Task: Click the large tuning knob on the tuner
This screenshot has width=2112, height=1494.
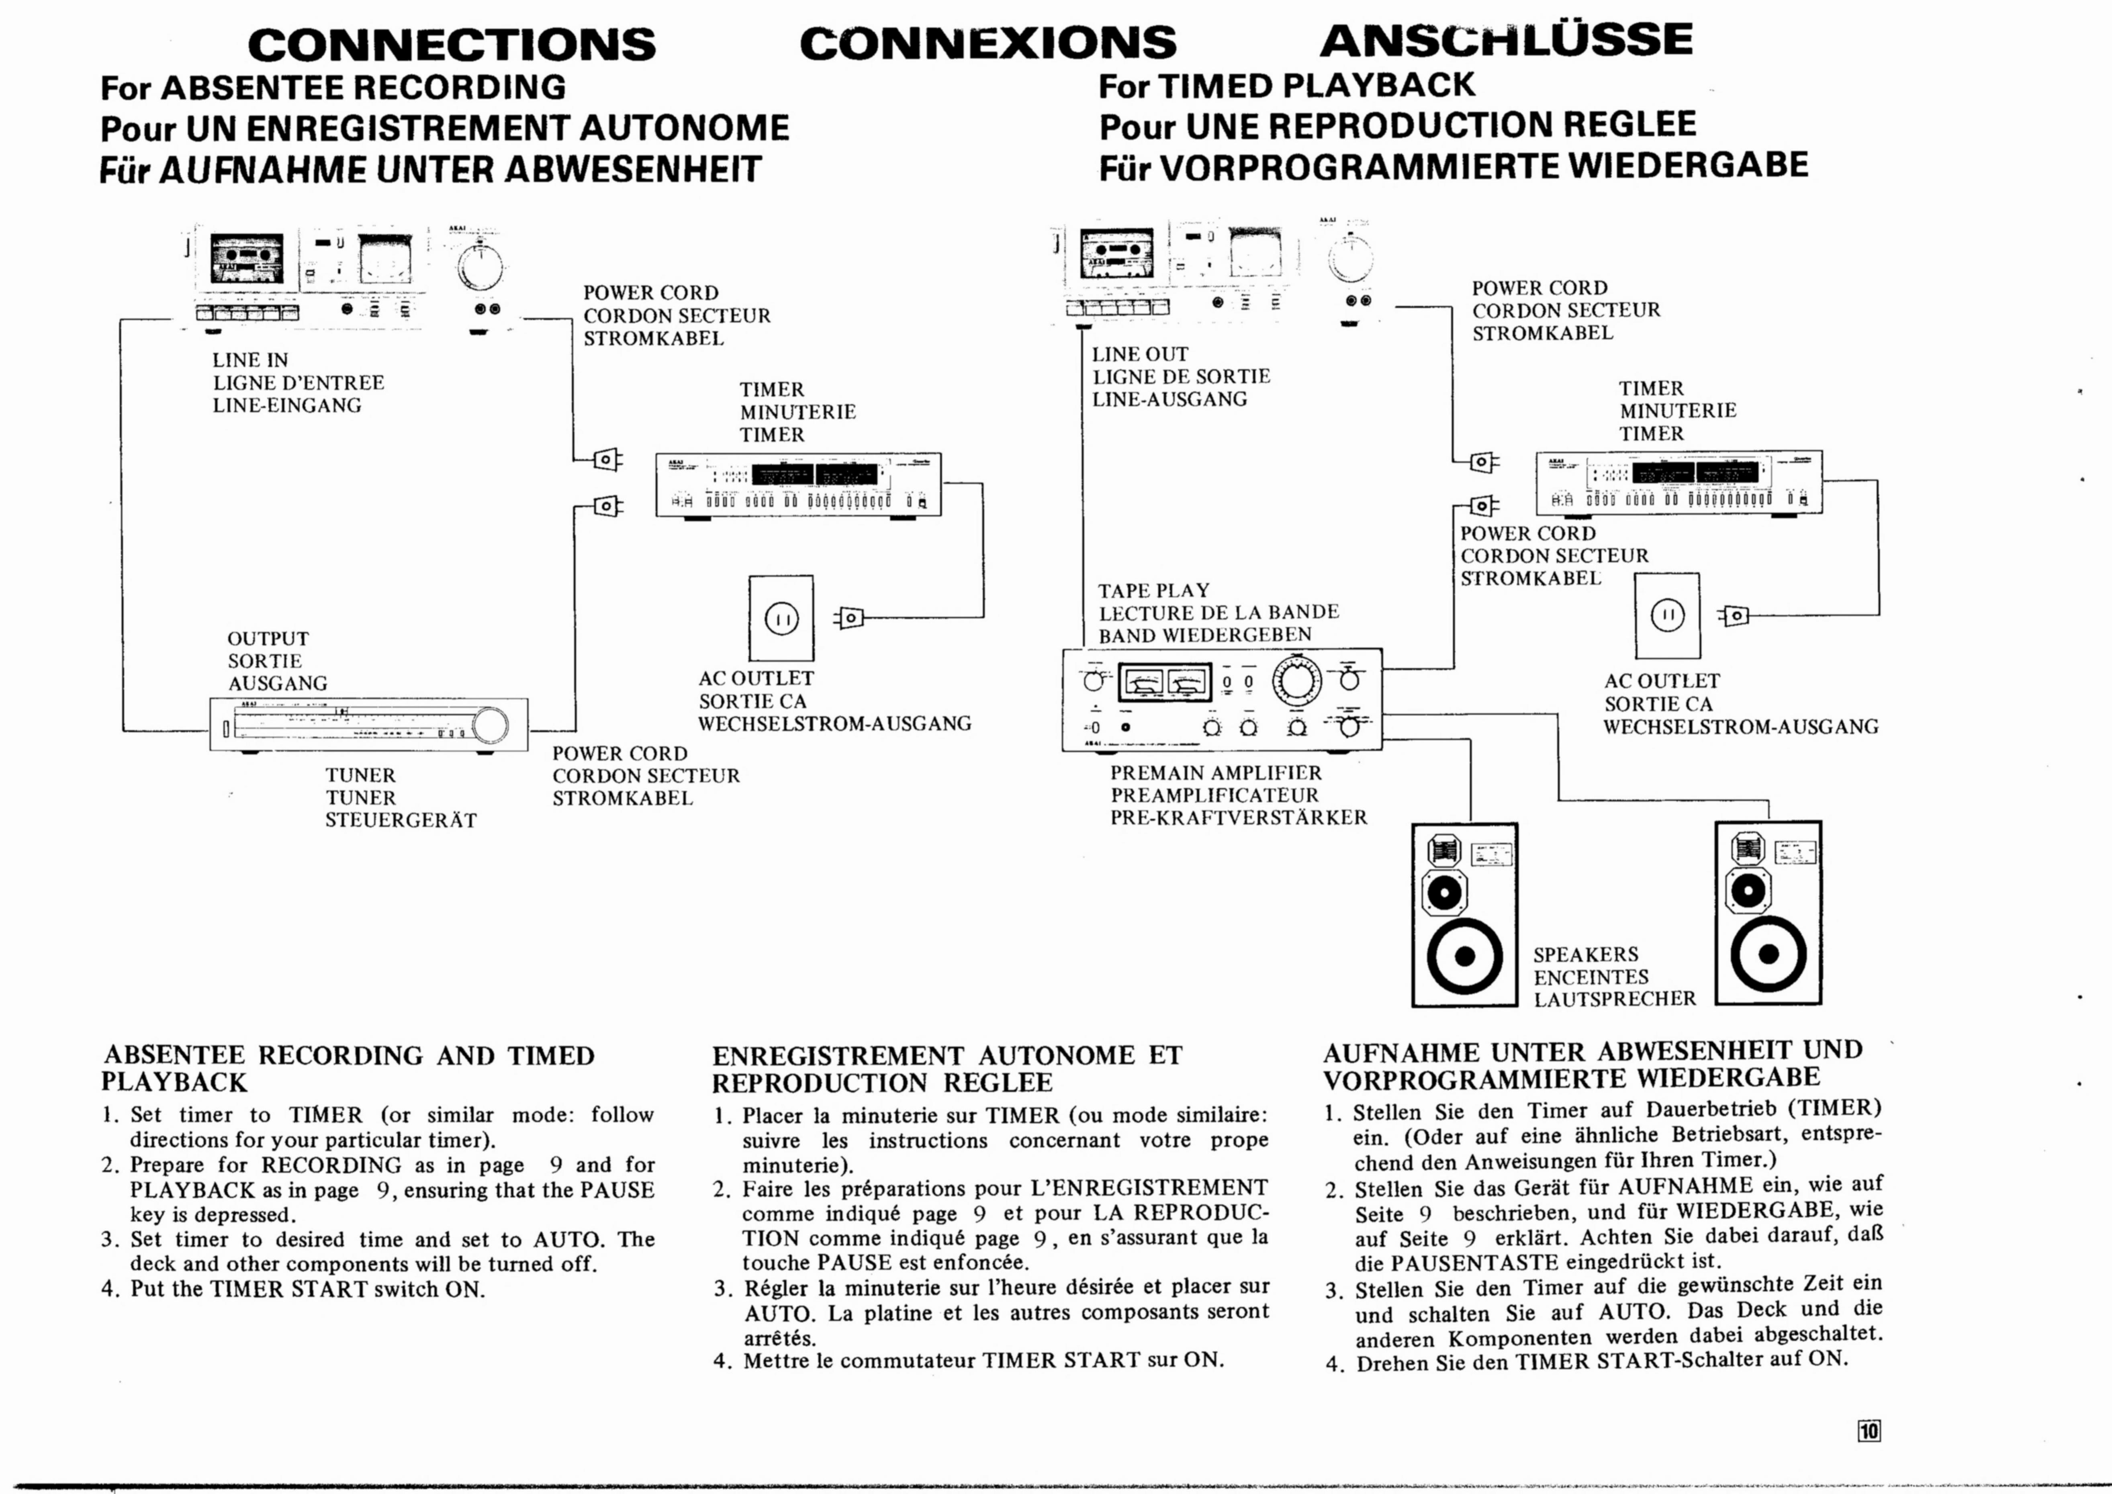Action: (x=489, y=725)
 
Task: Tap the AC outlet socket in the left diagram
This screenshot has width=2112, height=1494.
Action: (x=781, y=618)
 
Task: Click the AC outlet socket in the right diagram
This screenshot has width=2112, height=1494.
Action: (x=1667, y=615)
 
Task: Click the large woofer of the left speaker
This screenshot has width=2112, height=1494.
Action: (x=1464, y=957)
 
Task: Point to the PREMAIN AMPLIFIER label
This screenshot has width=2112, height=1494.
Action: (x=1215, y=773)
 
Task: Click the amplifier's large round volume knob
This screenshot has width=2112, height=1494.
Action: (x=1296, y=681)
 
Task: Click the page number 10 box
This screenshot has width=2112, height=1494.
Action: (x=1869, y=1431)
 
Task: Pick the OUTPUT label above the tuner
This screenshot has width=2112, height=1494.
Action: (x=268, y=638)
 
